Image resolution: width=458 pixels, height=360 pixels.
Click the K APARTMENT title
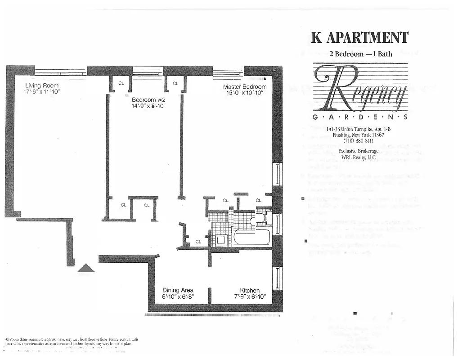tap(359, 37)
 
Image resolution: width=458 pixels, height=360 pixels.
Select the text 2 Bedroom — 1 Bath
tap(360, 54)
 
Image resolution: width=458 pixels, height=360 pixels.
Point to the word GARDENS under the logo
tap(359, 117)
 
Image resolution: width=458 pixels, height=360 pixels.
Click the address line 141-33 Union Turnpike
tap(358, 129)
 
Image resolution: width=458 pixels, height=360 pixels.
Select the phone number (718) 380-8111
tap(358, 140)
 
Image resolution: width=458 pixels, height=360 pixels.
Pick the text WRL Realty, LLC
tap(358, 157)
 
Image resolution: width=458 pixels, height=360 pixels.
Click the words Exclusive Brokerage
tap(358, 151)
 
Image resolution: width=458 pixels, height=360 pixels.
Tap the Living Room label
tap(41, 85)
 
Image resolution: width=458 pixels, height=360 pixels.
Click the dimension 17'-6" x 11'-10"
tap(41, 92)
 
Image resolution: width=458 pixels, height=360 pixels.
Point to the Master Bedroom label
tap(245, 87)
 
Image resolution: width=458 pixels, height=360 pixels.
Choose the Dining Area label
tap(178, 290)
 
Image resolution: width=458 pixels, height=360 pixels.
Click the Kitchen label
tap(250, 290)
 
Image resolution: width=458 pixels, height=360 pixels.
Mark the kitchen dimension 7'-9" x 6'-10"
tap(250, 297)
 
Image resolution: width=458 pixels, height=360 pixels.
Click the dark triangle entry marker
tap(86, 268)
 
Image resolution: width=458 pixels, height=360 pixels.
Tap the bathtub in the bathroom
tap(251, 237)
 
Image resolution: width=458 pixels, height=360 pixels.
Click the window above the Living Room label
tap(60, 72)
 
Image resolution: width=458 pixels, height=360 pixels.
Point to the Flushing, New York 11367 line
tap(358, 135)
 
